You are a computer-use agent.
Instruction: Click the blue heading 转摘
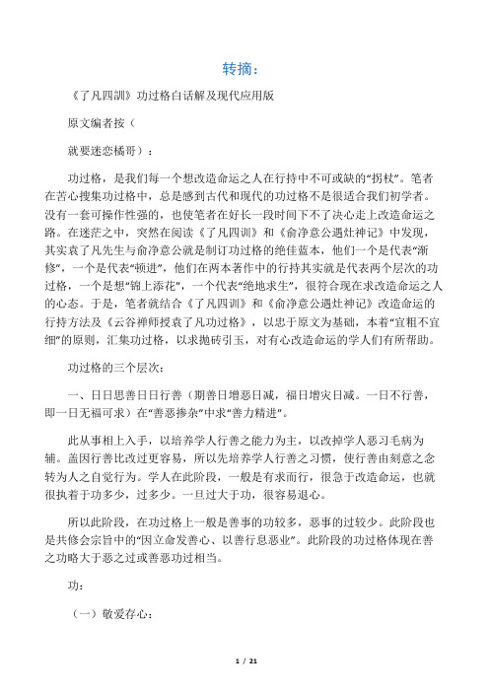click(x=240, y=69)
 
